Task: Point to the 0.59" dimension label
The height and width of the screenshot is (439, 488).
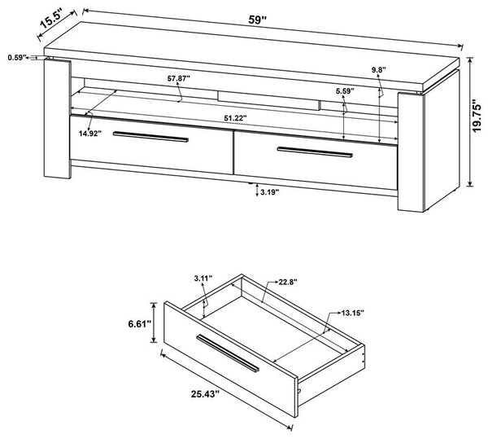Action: tap(15, 58)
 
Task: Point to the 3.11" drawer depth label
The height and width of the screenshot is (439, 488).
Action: tap(203, 279)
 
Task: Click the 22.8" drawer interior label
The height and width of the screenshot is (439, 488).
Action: tap(285, 283)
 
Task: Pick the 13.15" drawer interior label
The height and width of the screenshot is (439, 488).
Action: tap(352, 311)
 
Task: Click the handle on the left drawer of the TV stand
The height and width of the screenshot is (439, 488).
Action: tap(150, 137)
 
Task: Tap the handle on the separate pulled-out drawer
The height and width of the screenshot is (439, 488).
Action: tap(228, 351)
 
